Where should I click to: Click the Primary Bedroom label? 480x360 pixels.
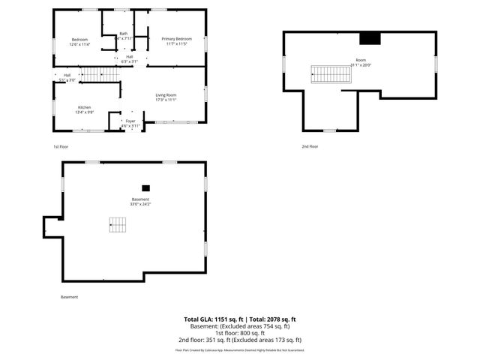tap(172, 39)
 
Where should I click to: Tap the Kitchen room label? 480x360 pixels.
tap(85, 107)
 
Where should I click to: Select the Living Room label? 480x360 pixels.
tap(166, 95)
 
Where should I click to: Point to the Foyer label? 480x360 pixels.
tap(130, 121)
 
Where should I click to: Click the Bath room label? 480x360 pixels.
tap(124, 33)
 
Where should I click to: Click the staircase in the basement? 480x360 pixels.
tap(118, 223)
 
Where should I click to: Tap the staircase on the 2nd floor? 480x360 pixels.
tap(326, 73)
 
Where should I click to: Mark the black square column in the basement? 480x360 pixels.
tap(146, 187)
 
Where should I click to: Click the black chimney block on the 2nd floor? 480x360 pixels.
tap(370, 39)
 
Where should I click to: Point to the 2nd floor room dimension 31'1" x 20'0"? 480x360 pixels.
tap(361, 64)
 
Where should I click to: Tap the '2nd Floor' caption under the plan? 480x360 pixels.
tap(310, 146)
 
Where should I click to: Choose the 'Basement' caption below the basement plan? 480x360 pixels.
tap(69, 297)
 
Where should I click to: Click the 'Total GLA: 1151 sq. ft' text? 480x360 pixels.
tap(212, 319)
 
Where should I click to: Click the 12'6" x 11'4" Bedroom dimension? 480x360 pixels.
tap(79, 44)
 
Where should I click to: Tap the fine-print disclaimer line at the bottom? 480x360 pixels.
tap(240, 349)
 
